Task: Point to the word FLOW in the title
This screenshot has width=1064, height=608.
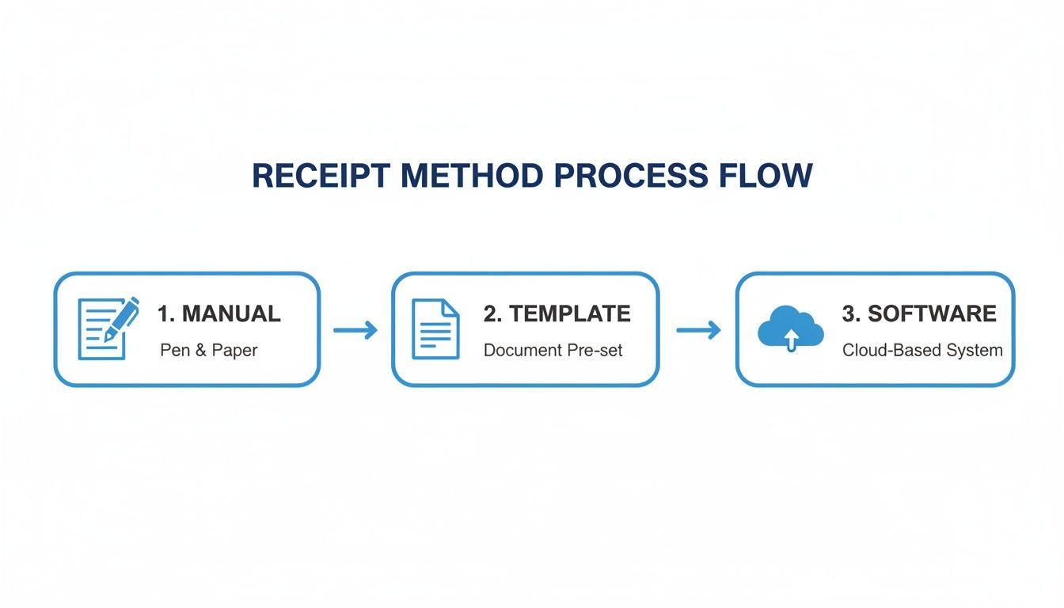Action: [x=771, y=176]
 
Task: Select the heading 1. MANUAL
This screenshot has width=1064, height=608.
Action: [x=218, y=313]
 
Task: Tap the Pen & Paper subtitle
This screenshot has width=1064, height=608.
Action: [x=209, y=350]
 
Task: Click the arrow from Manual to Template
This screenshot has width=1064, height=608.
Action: [x=355, y=329]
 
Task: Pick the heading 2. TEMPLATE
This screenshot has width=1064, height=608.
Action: [x=557, y=313]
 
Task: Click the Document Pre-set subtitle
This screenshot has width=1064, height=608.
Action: [x=553, y=350]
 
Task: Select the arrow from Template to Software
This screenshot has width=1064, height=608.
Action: [x=698, y=329]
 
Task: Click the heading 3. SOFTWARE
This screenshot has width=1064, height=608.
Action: [x=918, y=313]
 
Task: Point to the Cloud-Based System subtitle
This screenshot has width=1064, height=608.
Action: [x=922, y=350]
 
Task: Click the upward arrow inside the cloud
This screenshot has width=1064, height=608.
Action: [x=790, y=339]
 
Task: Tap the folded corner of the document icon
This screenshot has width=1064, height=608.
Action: [x=450, y=307]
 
